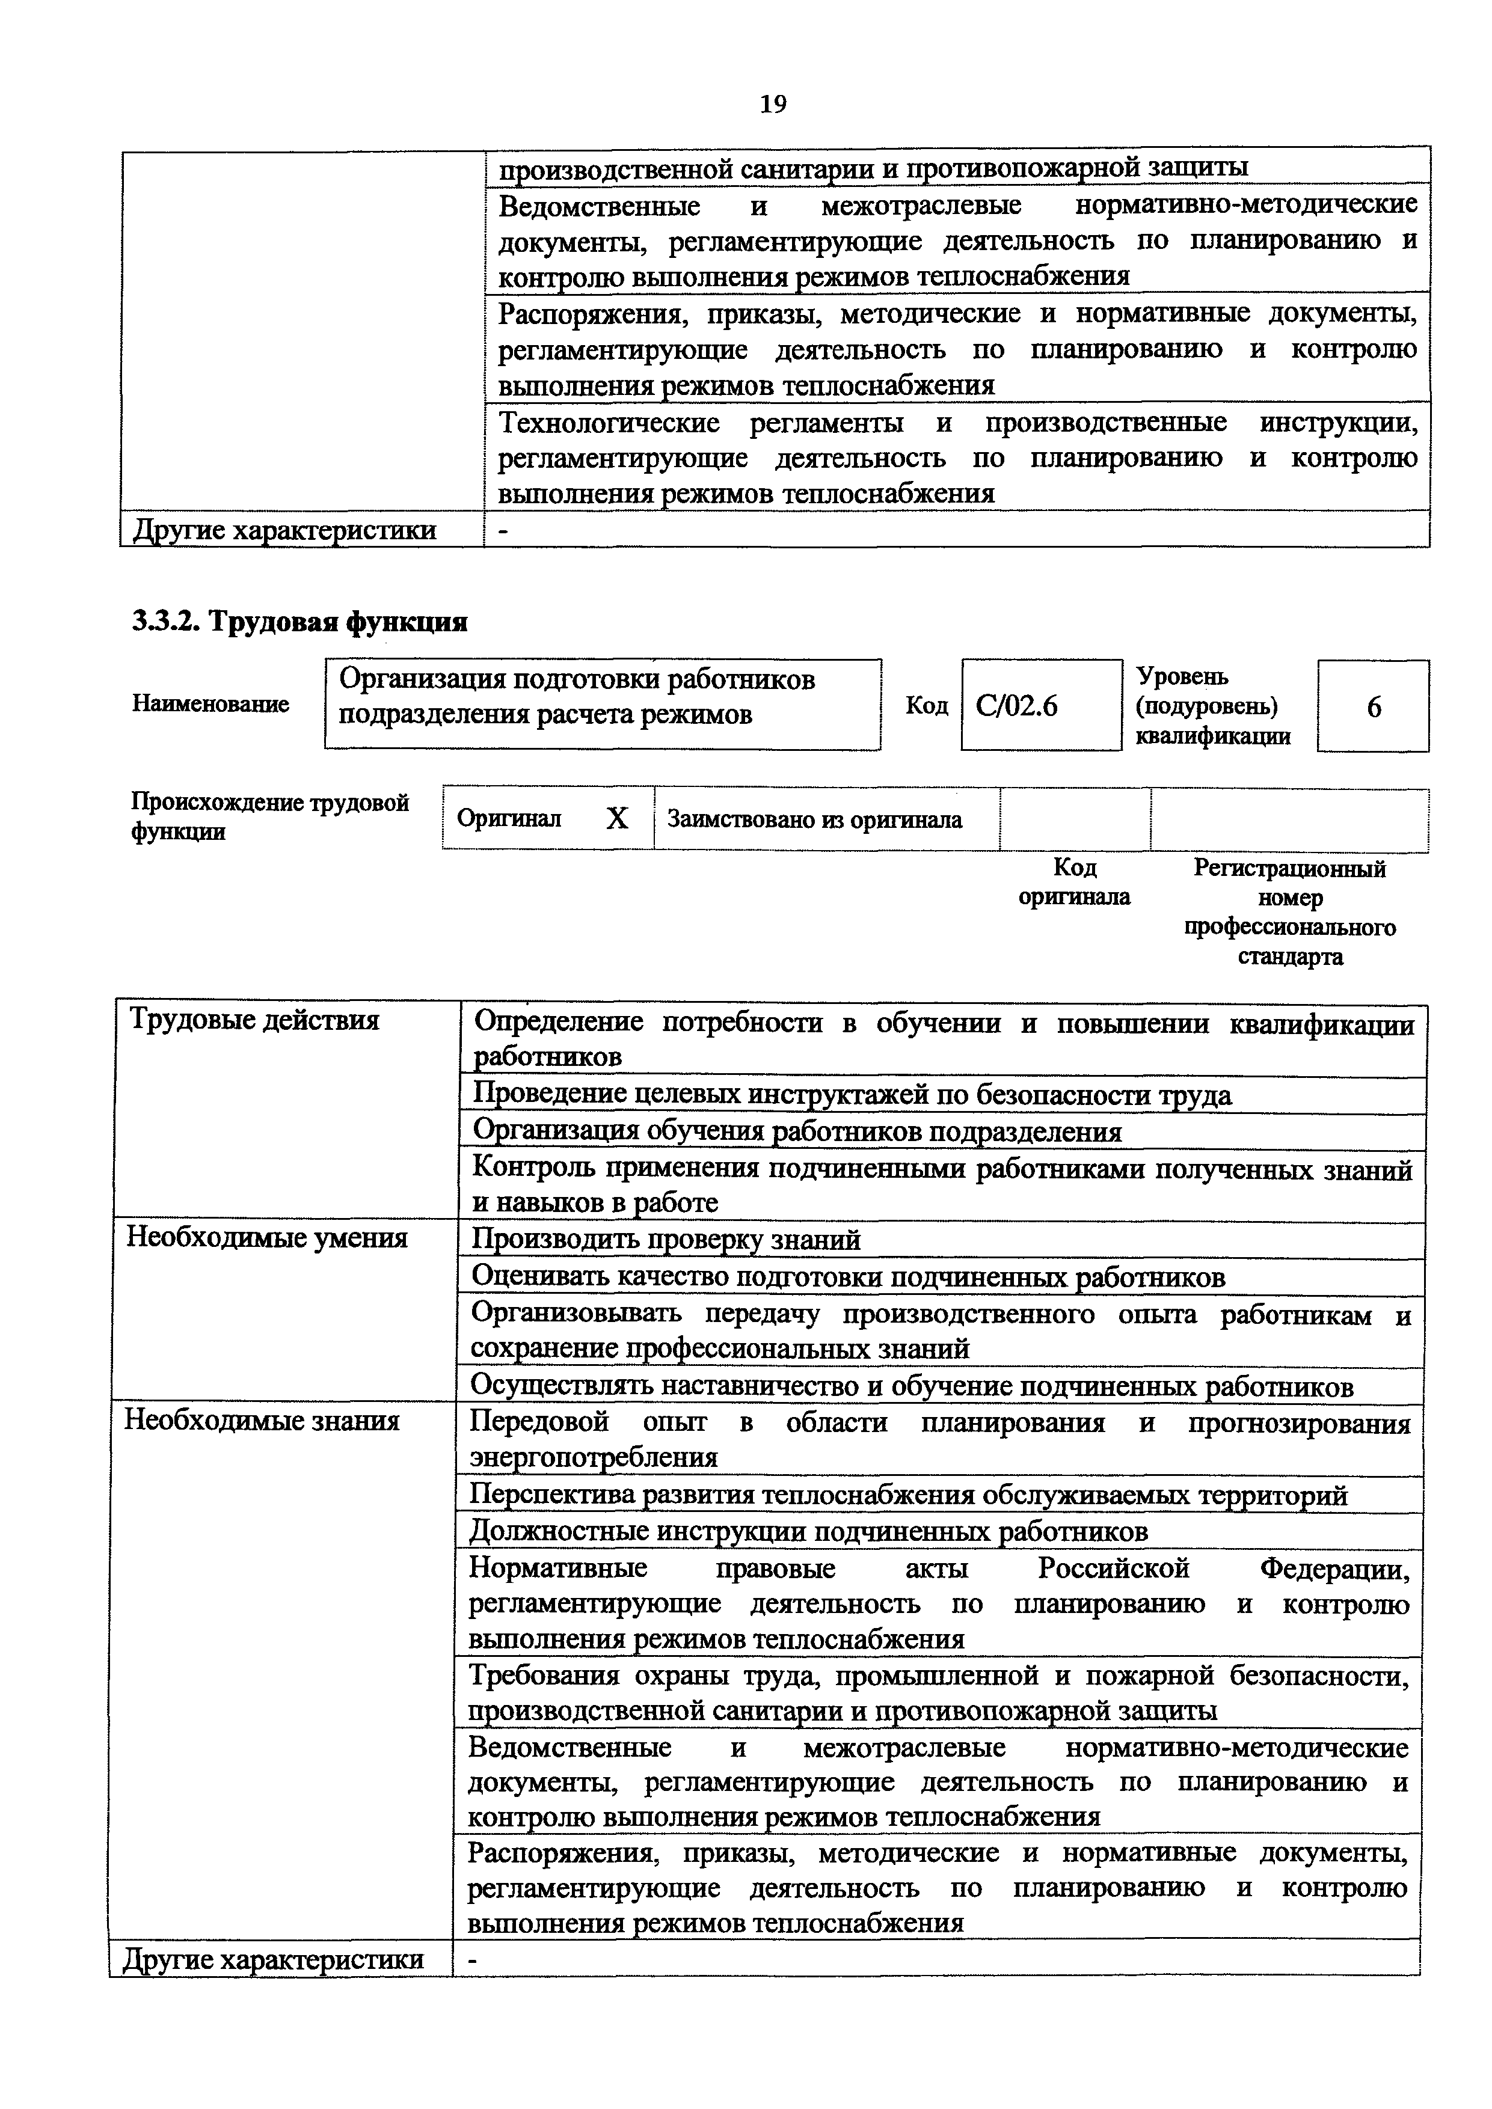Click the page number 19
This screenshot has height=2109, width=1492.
coord(773,105)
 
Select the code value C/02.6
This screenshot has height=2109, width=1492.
coord(1017,705)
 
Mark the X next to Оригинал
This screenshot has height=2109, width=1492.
coord(618,818)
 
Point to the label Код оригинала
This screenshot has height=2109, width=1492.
coord(1074,882)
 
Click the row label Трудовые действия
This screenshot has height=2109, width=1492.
coord(254,1020)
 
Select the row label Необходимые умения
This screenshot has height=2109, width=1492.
coord(266,1238)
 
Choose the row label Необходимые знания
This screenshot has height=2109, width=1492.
coord(263,1421)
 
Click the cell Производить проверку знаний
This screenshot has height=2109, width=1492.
coord(666,1240)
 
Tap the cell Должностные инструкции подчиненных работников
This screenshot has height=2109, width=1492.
coord(808,1531)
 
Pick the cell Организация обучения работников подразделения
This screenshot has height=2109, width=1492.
coord(797,1131)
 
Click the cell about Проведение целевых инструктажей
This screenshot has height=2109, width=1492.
coord(852,1095)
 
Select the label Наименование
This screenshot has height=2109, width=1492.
coord(210,703)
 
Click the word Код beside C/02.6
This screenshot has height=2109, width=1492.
coord(926,705)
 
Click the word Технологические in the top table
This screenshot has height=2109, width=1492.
coord(608,423)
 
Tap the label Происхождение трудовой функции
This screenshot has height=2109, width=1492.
coord(269,816)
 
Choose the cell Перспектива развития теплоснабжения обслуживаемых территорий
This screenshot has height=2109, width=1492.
coord(907,1495)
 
